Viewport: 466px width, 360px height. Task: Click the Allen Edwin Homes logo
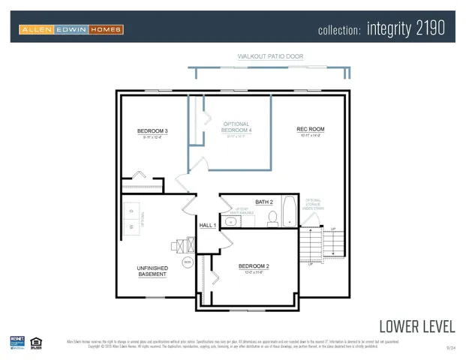pos(71,29)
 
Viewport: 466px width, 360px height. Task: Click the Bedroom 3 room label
pos(152,131)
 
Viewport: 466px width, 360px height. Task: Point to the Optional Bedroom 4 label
pos(236,127)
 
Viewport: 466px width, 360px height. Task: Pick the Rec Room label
pos(310,130)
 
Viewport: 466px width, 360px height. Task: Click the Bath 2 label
pos(263,202)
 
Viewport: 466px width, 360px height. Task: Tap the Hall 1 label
pos(207,225)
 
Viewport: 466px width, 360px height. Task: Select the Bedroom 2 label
pos(253,266)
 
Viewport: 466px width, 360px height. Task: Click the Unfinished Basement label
pos(152,271)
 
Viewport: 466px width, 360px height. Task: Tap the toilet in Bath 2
pos(273,217)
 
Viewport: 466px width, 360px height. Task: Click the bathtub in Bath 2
pos(290,211)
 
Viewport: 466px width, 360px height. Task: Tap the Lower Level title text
pos(416,326)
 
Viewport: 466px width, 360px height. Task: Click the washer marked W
pos(131,226)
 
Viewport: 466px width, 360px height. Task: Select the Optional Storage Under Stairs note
pos(313,204)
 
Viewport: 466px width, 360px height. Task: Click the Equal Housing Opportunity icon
pos(35,343)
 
